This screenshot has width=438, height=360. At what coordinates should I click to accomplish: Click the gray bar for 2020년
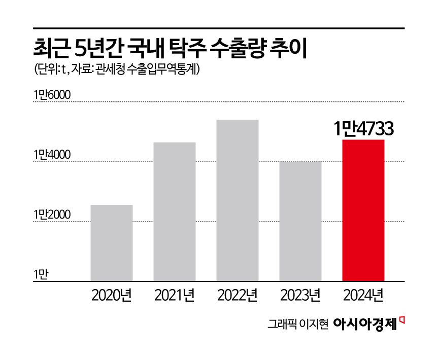[x=111, y=242]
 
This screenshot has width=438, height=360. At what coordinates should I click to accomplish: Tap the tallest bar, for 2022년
[x=237, y=200]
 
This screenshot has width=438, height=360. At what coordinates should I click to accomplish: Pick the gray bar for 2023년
[x=300, y=221]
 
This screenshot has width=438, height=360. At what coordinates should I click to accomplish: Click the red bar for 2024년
[x=363, y=210]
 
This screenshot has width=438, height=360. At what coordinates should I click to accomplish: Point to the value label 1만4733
[x=363, y=129]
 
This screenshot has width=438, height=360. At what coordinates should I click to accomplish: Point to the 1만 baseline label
[x=40, y=275]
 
